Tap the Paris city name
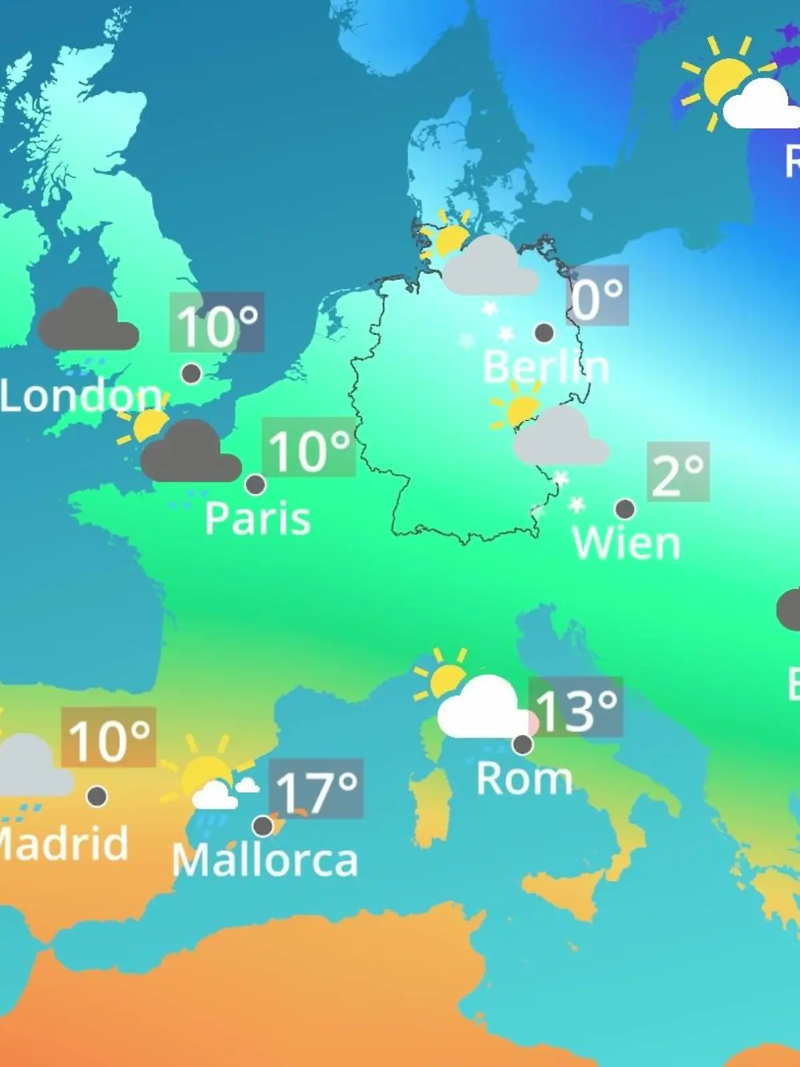(x=257, y=518)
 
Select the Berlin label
(x=545, y=367)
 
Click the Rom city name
(x=524, y=778)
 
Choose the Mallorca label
(x=265, y=860)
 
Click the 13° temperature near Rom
(x=576, y=708)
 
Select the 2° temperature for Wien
(x=678, y=471)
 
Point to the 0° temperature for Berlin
(x=598, y=295)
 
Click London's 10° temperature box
(x=217, y=323)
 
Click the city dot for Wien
(x=625, y=509)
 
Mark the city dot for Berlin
(x=544, y=332)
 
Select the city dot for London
(x=191, y=373)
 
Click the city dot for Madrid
(x=97, y=796)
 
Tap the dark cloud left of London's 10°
(x=88, y=321)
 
